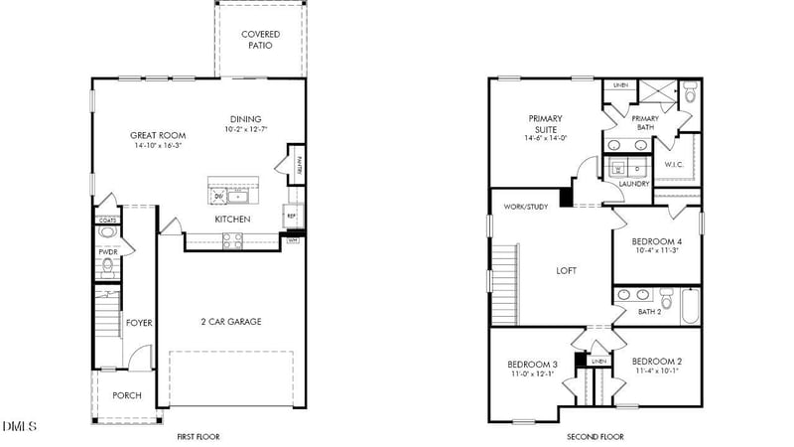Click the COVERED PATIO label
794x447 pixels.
coord(260,40)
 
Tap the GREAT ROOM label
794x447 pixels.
coord(156,134)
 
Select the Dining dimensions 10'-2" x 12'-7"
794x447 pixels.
coord(246,129)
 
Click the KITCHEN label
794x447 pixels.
coord(232,219)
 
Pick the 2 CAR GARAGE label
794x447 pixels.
coord(231,322)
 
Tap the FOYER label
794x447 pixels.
coord(138,322)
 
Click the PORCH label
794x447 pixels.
coord(126,395)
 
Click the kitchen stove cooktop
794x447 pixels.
coord(231,238)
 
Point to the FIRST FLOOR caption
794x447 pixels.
coord(198,437)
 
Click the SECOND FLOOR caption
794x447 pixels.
coord(595,437)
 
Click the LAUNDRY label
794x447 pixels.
coord(634,184)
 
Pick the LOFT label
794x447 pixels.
coord(566,270)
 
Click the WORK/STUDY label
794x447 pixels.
coord(526,207)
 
